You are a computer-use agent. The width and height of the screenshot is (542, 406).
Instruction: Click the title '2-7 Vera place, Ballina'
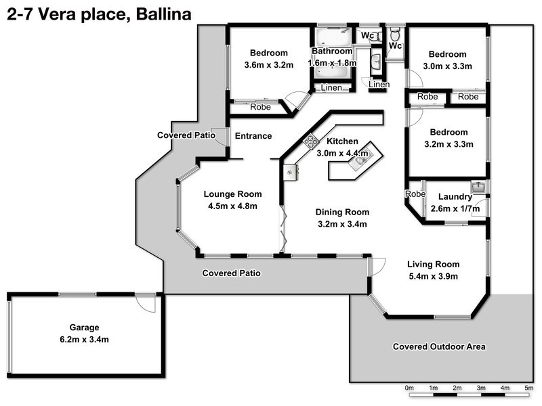tap(98, 13)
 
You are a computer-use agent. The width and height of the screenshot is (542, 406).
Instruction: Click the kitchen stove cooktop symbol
tap(311, 141)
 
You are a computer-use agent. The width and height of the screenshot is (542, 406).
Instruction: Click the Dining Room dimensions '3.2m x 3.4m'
tap(342, 224)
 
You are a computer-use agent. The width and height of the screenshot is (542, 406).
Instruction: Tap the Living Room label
tap(433, 264)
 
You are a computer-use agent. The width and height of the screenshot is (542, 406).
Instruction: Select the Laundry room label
tap(455, 197)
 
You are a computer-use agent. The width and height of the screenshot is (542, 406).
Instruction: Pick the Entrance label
tap(253, 136)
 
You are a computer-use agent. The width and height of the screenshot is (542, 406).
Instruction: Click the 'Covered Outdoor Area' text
tap(439, 346)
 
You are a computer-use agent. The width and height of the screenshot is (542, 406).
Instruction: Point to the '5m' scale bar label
tap(528, 388)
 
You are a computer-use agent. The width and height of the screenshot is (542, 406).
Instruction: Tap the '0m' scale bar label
tap(409, 388)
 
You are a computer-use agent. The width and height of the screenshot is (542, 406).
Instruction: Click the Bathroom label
tap(332, 51)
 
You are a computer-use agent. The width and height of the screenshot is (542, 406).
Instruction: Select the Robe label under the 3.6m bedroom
tap(260, 107)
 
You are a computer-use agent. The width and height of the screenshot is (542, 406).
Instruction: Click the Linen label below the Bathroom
tap(331, 88)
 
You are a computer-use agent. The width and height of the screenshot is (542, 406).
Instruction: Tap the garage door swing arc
tap(146, 304)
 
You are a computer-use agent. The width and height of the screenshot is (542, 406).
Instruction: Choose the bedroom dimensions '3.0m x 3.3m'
tap(447, 66)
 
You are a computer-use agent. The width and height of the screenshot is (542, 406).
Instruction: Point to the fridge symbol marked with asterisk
tap(290, 172)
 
